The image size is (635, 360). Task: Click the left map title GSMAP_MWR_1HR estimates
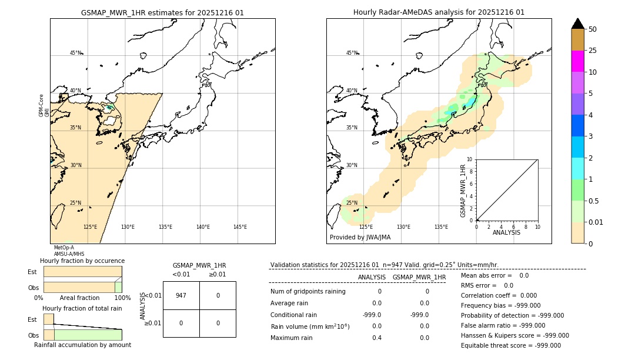pos(162,12)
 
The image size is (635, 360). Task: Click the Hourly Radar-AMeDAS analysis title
pos(439,12)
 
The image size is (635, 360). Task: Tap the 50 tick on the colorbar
pos(593,29)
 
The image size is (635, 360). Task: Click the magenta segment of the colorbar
pos(578,61)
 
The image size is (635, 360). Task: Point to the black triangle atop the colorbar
pos(578,24)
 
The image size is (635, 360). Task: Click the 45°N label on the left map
pos(75,53)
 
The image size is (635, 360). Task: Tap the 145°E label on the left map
pos(240,227)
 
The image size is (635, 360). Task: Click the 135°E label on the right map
pos(441,227)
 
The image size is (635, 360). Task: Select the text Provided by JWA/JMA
pos(360,238)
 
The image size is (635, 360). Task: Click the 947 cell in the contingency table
pos(181,295)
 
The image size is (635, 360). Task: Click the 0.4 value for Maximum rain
pos(376,338)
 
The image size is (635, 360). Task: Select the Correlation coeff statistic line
pos(499,296)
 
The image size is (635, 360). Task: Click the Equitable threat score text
pos(510,346)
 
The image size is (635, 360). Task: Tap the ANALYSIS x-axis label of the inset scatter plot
pos(506,233)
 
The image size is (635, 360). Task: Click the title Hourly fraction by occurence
pos(82,261)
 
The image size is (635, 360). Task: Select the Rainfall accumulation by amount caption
pos(82,345)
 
